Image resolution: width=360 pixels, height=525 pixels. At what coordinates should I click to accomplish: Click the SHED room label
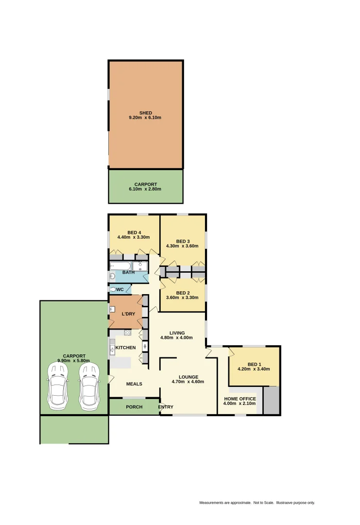click(x=146, y=113)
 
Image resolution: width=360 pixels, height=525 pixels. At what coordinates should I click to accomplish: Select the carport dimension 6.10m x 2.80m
click(x=146, y=189)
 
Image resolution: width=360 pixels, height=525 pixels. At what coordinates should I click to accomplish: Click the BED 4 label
click(x=134, y=232)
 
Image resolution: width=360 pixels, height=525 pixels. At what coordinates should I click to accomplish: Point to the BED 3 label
click(x=183, y=241)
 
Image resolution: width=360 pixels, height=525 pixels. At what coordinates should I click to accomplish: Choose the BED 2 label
click(x=183, y=293)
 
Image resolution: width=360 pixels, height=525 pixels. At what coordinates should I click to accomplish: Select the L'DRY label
click(x=128, y=314)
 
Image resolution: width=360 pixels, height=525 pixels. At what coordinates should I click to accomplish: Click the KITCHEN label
click(x=125, y=348)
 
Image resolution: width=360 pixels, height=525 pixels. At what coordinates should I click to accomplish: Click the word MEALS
click(x=134, y=384)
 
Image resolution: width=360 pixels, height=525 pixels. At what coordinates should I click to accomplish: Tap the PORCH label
click(x=134, y=407)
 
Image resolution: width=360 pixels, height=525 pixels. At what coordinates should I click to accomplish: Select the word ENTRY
click(x=166, y=407)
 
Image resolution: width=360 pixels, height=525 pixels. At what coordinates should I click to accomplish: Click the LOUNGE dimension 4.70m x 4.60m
click(x=188, y=382)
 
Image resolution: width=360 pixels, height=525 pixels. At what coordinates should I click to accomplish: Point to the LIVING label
click(x=176, y=333)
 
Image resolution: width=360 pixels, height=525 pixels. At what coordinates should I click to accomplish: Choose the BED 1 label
click(x=254, y=364)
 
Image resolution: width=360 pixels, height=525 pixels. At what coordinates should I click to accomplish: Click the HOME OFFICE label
click(x=240, y=399)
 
